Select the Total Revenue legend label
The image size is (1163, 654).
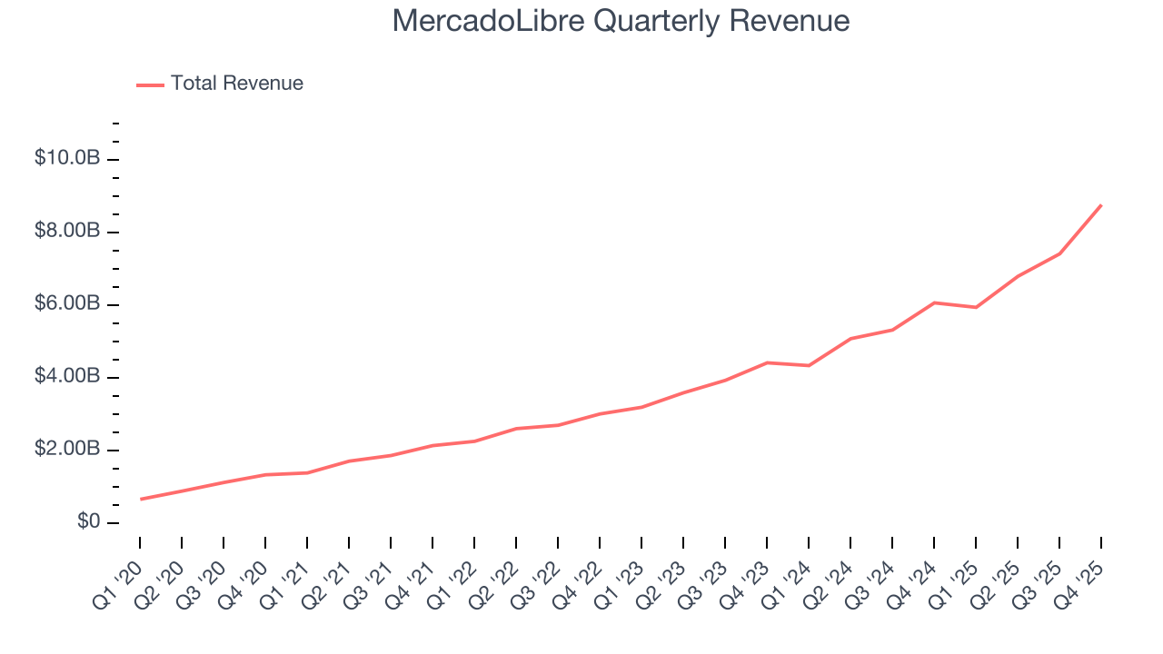(x=237, y=84)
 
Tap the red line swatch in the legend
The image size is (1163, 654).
(x=150, y=84)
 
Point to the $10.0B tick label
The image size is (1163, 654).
(x=66, y=158)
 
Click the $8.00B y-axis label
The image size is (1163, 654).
(x=66, y=231)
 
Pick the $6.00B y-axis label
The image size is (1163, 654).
(x=66, y=303)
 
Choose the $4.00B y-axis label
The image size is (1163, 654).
(x=66, y=376)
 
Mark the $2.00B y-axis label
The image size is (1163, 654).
(x=66, y=449)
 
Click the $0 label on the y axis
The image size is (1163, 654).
(x=88, y=521)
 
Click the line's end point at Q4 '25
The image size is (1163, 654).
(x=1101, y=205)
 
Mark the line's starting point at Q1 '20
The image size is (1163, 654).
(x=141, y=499)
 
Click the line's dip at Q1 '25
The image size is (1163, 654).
(x=976, y=307)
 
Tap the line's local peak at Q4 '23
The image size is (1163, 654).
(x=767, y=362)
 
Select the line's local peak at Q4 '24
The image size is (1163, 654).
(x=934, y=302)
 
